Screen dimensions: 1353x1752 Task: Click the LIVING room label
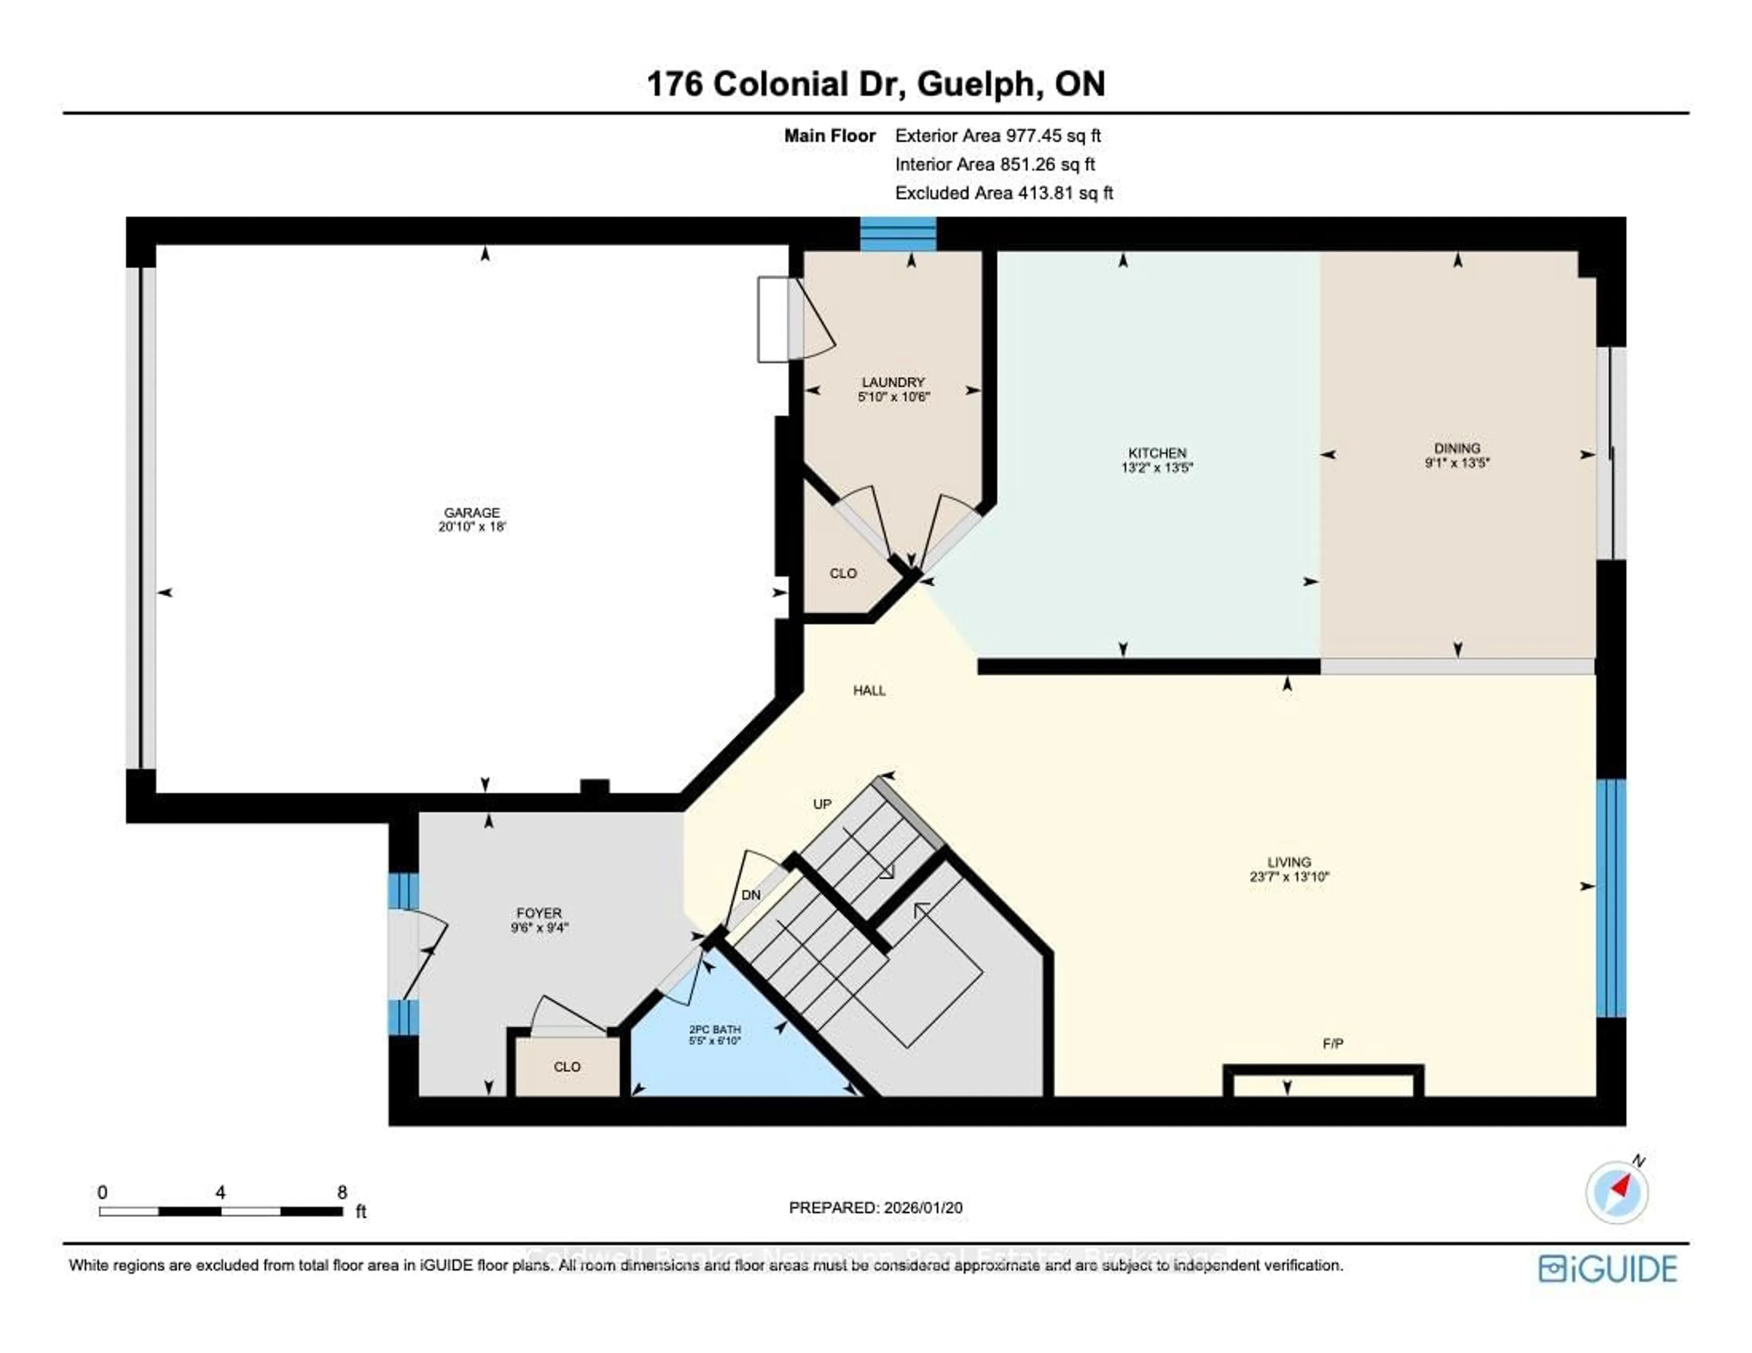click(x=1289, y=862)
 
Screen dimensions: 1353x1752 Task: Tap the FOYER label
click(x=539, y=912)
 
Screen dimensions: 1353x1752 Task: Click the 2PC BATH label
click(x=715, y=1029)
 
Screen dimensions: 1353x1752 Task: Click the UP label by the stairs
click(x=822, y=804)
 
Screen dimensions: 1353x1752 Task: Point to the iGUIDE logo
click(x=1608, y=1269)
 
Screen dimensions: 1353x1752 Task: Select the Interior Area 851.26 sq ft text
click(x=995, y=165)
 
